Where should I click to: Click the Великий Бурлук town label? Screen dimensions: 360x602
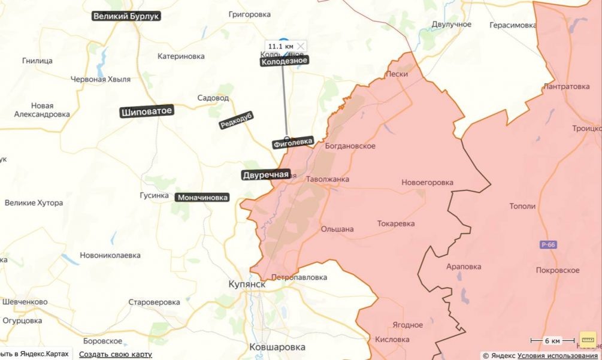[x=126, y=16]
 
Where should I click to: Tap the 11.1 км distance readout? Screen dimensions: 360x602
[x=280, y=46]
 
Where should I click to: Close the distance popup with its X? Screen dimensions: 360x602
[x=301, y=46]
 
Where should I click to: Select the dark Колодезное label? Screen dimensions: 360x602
[x=285, y=60]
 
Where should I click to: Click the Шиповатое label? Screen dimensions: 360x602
[x=147, y=111]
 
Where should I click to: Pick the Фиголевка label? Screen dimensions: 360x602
[x=292, y=142]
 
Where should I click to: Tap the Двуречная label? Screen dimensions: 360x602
[x=265, y=175]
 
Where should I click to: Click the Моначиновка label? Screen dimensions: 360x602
[x=202, y=197]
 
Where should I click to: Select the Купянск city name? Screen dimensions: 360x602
[x=247, y=284]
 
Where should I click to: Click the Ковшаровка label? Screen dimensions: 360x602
[x=277, y=347]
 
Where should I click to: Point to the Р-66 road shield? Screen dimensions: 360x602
[x=547, y=244]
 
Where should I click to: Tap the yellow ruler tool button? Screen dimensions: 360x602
[x=588, y=340]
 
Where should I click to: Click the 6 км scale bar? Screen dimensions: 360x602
[x=552, y=341]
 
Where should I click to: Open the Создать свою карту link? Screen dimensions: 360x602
[x=115, y=354]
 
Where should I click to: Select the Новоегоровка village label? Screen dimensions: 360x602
[x=427, y=182]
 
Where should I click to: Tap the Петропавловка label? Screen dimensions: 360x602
[x=299, y=277]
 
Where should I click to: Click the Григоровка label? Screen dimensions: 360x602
[x=250, y=14]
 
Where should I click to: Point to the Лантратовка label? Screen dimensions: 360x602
[x=566, y=86]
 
